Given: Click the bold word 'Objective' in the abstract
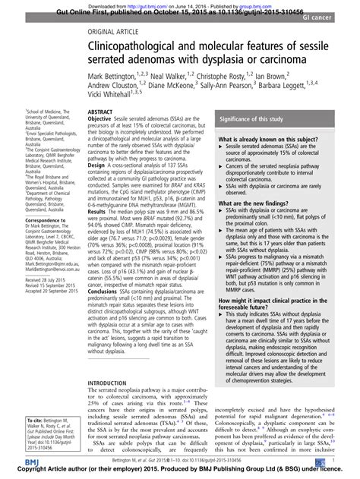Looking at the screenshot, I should (x=103, y=119).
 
